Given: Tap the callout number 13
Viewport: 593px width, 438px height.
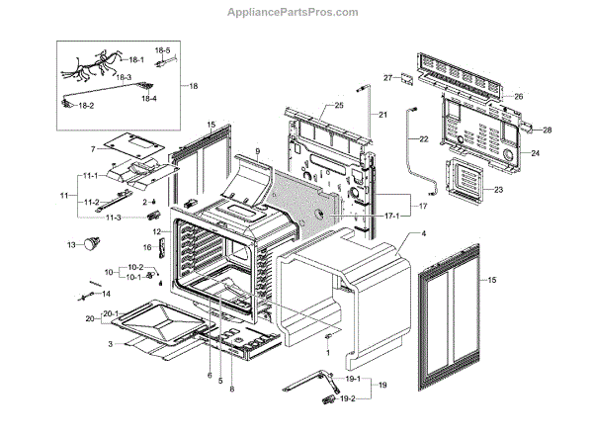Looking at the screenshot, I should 71,243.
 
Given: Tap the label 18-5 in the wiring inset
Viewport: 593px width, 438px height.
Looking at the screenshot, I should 162,50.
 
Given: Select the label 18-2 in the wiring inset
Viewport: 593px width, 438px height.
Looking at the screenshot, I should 86,105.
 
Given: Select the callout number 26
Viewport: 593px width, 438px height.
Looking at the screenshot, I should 517,97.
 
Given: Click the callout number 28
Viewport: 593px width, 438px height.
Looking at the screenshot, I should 547,131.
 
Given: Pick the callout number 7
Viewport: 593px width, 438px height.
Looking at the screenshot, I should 93,149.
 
